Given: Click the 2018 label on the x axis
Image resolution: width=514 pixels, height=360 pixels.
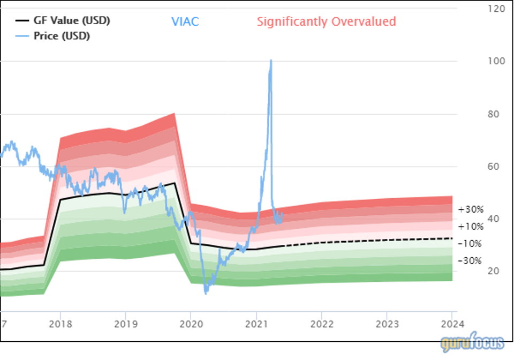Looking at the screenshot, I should point(60,324).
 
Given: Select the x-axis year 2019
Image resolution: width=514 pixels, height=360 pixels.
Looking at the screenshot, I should point(125,324).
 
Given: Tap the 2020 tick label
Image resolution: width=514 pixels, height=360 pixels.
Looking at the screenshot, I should point(191,324).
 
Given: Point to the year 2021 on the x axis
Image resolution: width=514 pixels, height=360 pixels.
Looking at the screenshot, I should point(256,324).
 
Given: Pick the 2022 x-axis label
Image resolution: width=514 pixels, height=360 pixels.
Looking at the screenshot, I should point(321,324).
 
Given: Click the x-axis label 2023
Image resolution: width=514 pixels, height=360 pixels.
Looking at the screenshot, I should point(387,324).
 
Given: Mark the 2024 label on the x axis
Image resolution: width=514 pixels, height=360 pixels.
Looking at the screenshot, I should point(452,324).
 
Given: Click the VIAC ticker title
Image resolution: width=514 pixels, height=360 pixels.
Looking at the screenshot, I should point(185,22).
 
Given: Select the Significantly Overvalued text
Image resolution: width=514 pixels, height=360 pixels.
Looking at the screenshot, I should point(326,22).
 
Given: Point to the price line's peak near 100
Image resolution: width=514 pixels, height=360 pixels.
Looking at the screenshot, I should point(271,61).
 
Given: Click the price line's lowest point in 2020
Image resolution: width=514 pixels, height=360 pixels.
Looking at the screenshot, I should point(206,293).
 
